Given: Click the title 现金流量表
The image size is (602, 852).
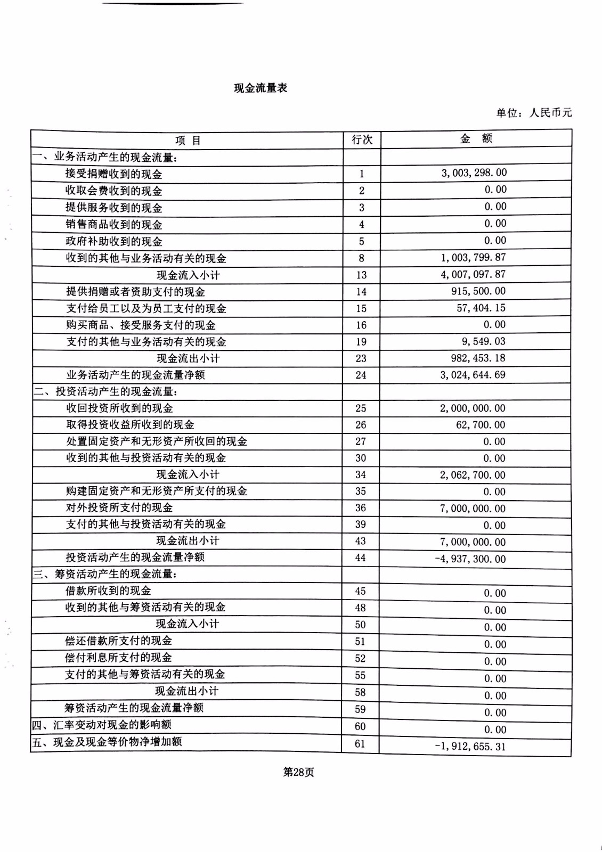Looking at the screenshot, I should [x=261, y=88].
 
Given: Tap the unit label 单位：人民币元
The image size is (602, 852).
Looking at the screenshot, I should [x=534, y=113].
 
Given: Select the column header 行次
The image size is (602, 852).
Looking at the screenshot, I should [x=362, y=140].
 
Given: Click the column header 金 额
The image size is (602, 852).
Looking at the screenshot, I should [x=476, y=139].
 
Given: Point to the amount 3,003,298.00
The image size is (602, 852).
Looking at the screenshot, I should [x=474, y=173].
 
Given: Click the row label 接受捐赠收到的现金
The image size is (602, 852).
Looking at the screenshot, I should [x=113, y=174].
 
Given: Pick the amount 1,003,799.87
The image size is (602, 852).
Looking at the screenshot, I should [x=473, y=258].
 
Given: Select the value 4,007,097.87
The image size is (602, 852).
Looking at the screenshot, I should [x=473, y=274].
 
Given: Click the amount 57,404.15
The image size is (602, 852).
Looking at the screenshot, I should [x=481, y=308].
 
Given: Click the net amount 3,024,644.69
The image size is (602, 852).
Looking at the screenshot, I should [x=473, y=375].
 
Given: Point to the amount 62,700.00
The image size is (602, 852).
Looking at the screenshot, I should [x=481, y=425].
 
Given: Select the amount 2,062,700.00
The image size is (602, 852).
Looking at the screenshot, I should [x=473, y=475].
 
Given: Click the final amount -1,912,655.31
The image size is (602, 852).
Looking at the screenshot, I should [x=470, y=747].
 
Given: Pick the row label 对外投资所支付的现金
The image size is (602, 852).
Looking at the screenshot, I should [x=119, y=507].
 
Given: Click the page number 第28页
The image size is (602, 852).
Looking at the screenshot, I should [x=298, y=772].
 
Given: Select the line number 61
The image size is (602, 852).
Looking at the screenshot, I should [x=360, y=743].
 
